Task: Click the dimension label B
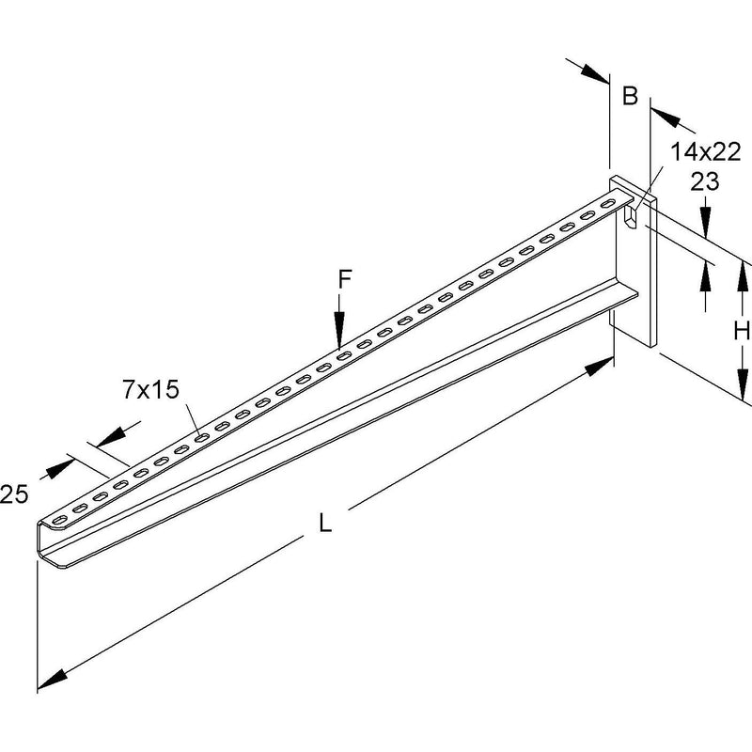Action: [x=630, y=95]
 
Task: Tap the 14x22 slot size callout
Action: [x=706, y=152]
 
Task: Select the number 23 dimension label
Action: [x=704, y=181]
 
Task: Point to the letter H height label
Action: [x=742, y=331]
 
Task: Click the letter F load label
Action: [x=345, y=279]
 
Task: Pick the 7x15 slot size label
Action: [x=150, y=389]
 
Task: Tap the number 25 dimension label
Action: [x=14, y=494]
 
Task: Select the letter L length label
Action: [x=325, y=523]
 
